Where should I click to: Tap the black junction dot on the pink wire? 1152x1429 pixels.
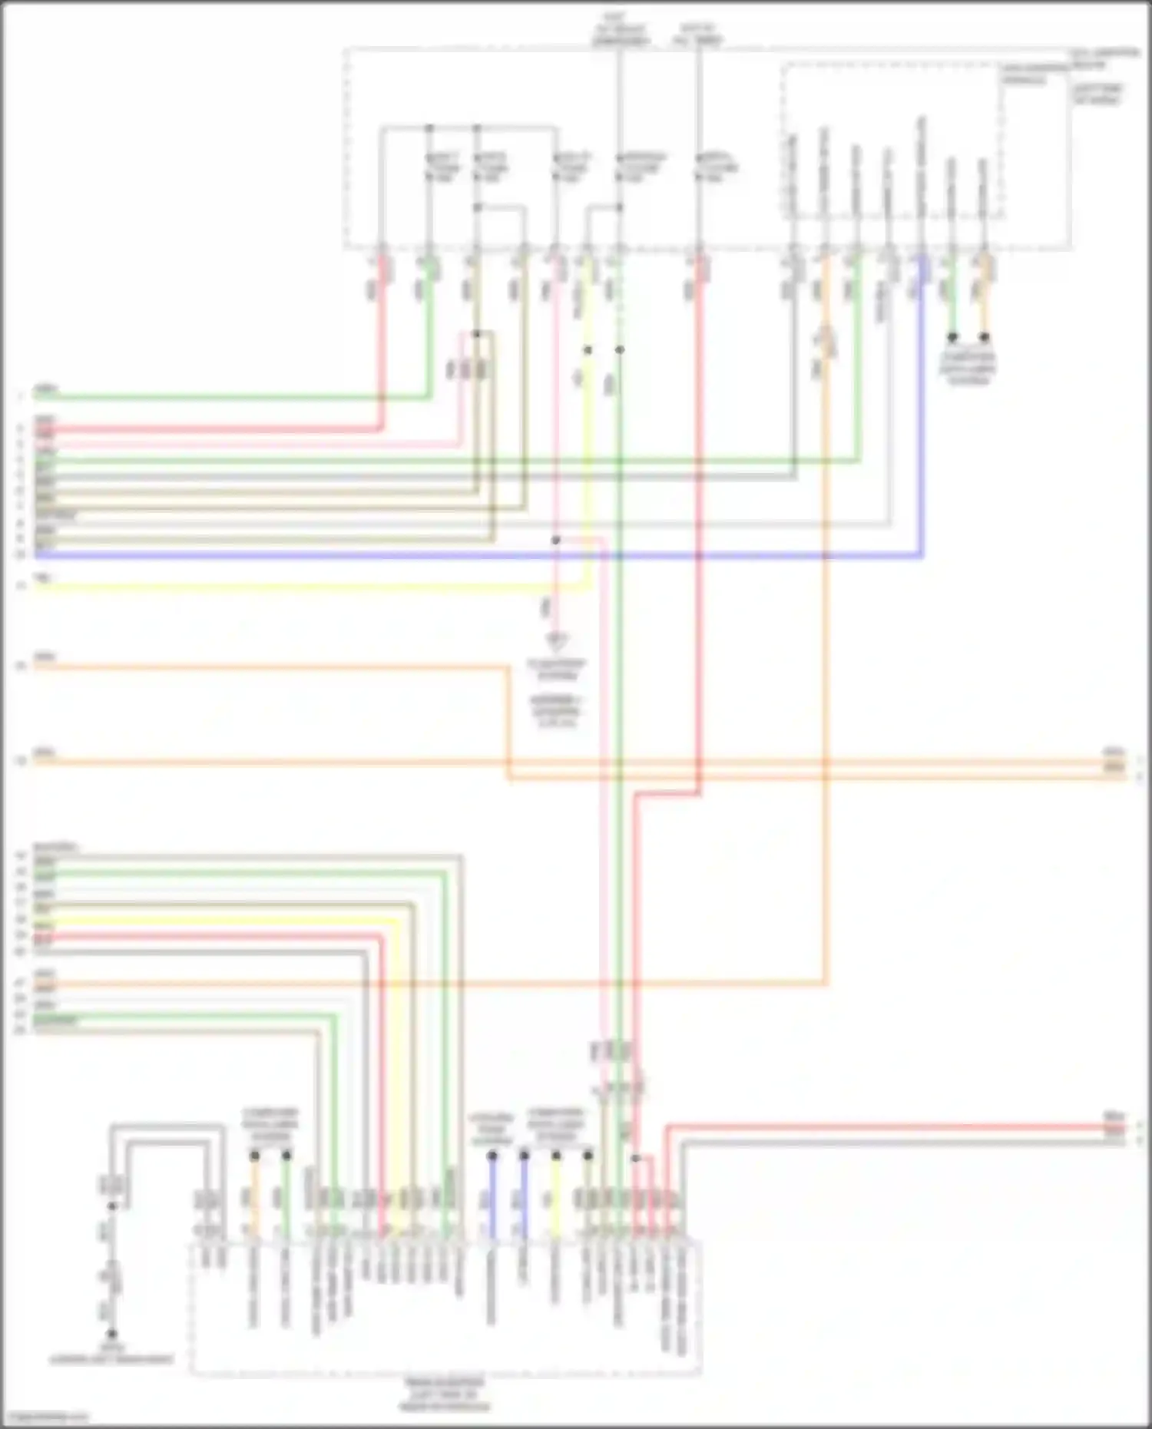[556, 541]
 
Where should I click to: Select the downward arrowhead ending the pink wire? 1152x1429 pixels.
[556, 639]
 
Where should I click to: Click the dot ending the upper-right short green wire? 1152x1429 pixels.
[952, 337]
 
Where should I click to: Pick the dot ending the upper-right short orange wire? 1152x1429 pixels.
[984, 337]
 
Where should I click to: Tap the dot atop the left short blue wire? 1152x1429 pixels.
[492, 1155]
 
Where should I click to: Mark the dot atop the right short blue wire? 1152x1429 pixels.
[524, 1155]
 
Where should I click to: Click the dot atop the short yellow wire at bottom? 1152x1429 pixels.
[556, 1155]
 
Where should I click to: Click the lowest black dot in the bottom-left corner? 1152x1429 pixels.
[111, 1335]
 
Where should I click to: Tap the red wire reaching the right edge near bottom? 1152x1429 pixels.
[883, 1127]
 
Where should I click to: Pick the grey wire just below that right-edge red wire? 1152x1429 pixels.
[883, 1143]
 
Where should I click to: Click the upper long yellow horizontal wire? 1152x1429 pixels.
[307, 587]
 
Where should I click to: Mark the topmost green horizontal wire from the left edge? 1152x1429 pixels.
[230, 397]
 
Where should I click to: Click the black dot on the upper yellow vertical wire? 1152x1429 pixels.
[588, 350]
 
